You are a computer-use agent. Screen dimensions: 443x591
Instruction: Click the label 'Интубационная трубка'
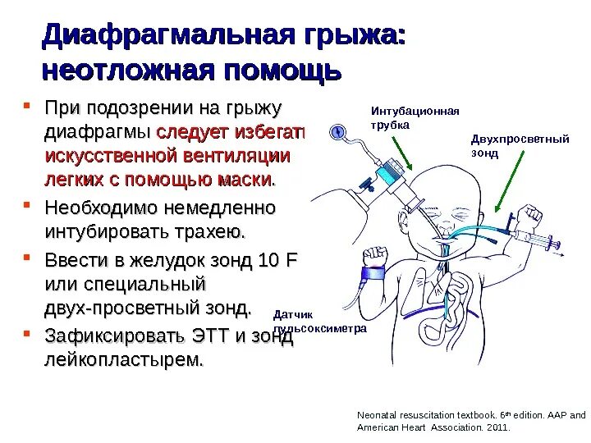[415, 118]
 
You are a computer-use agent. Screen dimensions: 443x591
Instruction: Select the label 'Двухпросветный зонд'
[520, 145]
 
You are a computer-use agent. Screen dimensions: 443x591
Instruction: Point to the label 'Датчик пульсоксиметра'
[318, 321]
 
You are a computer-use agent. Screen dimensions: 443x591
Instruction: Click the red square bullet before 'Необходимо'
[26, 201]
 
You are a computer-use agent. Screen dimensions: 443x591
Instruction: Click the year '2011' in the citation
[497, 427]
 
